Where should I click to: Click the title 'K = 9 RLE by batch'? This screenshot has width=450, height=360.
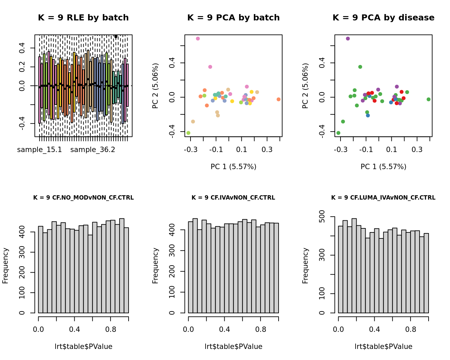click(x=83, y=18)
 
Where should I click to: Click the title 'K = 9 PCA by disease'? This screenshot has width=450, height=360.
click(x=383, y=18)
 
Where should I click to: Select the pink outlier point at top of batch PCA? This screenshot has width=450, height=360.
click(x=198, y=39)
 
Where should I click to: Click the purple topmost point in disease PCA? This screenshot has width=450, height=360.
click(x=348, y=39)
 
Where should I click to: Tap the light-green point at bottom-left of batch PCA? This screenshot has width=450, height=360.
click(x=189, y=133)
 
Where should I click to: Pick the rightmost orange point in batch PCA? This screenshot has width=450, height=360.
click(x=279, y=99)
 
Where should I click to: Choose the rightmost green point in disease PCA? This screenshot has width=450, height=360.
click(x=429, y=99)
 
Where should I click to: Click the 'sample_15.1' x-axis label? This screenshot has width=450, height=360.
click(x=40, y=150)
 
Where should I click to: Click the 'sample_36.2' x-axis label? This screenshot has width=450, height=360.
click(x=93, y=150)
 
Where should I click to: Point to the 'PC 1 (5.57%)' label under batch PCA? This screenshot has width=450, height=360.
click(x=233, y=167)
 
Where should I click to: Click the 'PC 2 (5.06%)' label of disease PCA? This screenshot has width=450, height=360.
click(x=305, y=86)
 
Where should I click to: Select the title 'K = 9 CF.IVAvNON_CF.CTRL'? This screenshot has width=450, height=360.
click(x=233, y=198)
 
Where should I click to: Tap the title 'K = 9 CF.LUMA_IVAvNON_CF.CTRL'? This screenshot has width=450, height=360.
click(x=383, y=198)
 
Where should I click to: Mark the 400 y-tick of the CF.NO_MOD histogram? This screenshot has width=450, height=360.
click(x=22, y=232)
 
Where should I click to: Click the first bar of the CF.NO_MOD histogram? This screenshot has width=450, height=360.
click(x=41, y=270)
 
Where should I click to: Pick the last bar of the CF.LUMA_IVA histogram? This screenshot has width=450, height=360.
click(x=426, y=273)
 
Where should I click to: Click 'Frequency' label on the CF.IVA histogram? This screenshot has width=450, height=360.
click(x=155, y=266)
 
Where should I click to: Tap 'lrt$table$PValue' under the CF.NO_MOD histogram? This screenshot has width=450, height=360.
click(x=83, y=347)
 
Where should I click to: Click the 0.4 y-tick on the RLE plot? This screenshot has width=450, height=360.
click(x=22, y=48)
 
